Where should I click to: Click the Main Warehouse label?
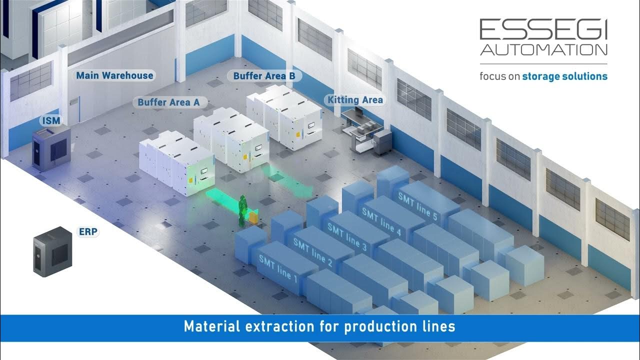pyautogui.click(x=114, y=75)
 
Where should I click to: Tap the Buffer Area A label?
pyautogui.click(x=168, y=102)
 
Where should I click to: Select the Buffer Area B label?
pyautogui.click(x=267, y=76)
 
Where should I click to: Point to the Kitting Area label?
pyautogui.click(x=355, y=100)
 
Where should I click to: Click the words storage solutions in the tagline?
pyautogui.click(x=564, y=76)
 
